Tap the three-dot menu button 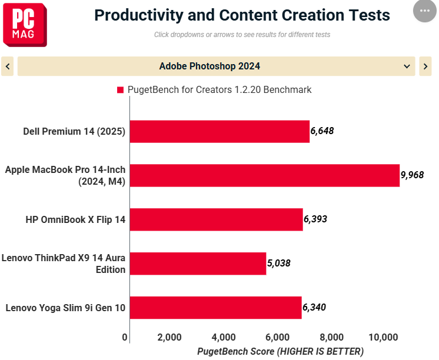point(425,11)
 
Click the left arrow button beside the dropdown point(8,66)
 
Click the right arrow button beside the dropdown point(425,66)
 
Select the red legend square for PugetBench point(121,90)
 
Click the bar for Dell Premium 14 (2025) point(219,131)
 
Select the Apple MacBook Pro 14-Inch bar point(264,175)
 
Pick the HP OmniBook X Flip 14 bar point(216,219)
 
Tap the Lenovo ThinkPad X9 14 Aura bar point(198,264)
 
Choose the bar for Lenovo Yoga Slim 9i point(215,308)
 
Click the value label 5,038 point(279,263)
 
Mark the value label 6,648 point(322,131)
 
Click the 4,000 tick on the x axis point(224,337)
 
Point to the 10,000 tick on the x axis point(384,337)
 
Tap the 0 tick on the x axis point(125,337)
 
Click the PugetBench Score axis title point(280,351)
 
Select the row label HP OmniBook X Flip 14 point(75,219)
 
